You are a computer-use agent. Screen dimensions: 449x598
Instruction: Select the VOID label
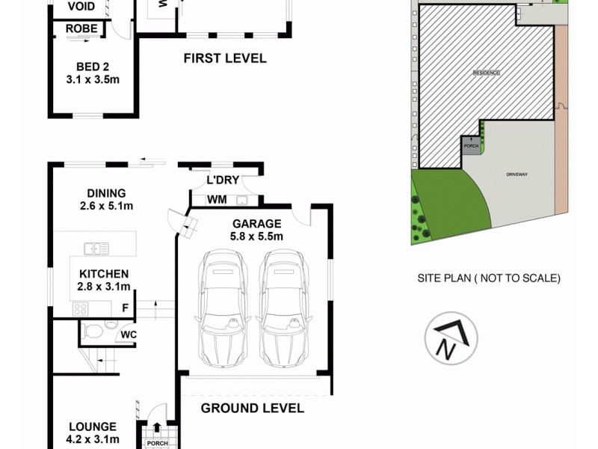coord(81,7)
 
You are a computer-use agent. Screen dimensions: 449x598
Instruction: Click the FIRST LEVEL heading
coord(225,58)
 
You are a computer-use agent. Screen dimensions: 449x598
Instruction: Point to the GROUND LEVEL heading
coord(253,408)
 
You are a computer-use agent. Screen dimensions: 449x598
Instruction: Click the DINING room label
coord(105,193)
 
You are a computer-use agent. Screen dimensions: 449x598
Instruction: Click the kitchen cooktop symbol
coord(80,308)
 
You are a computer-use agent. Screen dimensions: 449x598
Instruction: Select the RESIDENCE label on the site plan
coord(486,73)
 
